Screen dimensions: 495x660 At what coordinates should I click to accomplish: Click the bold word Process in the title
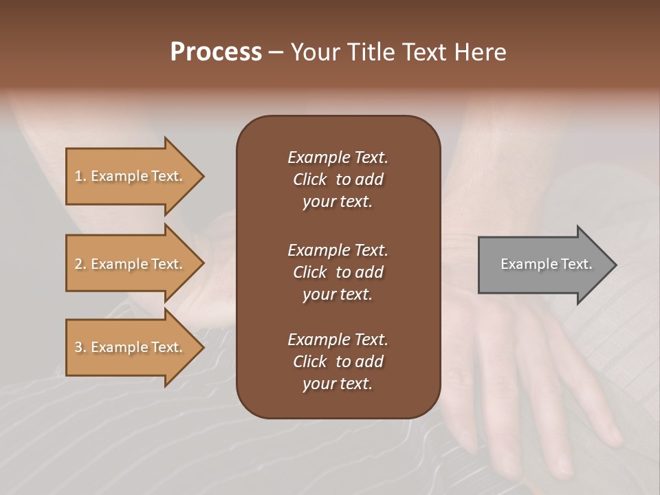click(x=216, y=52)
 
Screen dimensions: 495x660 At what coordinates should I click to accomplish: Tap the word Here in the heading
click(x=481, y=52)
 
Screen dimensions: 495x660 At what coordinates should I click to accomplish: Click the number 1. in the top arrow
click(x=80, y=176)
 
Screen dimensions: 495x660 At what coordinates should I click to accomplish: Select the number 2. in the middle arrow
click(x=80, y=264)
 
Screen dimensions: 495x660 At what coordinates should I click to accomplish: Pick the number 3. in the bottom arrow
click(x=80, y=347)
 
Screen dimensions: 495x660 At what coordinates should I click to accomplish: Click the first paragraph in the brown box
click(x=338, y=179)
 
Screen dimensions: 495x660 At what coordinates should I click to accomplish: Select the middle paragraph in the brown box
click(x=338, y=272)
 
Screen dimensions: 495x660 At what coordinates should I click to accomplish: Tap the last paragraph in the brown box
click(x=338, y=362)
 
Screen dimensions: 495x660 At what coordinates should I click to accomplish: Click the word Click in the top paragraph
click(x=309, y=179)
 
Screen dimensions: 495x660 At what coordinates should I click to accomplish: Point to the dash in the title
click(x=276, y=53)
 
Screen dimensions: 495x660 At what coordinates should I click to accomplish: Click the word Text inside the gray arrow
click(x=576, y=264)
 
